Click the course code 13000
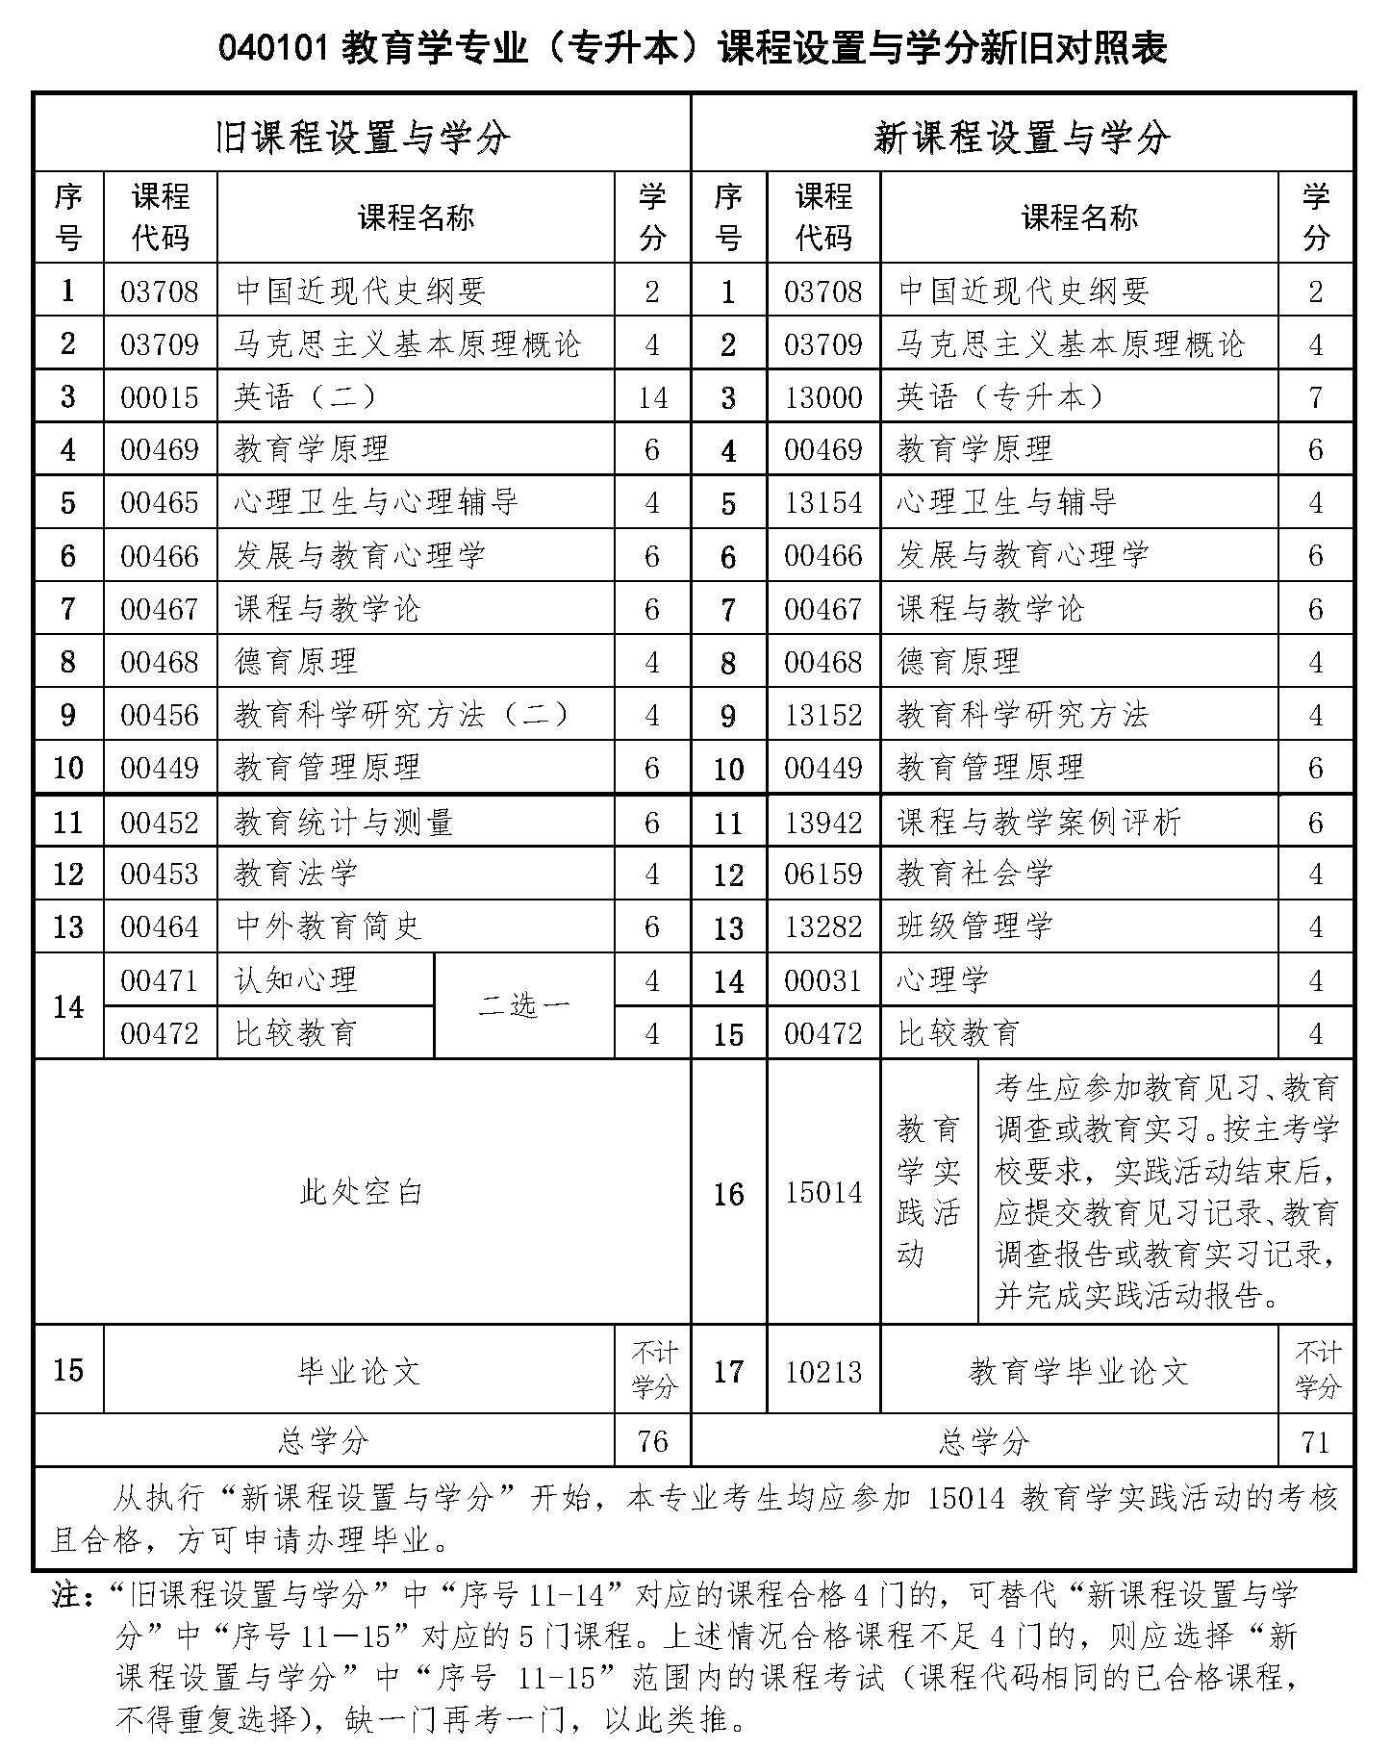pyautogui.click(x=822, y=397)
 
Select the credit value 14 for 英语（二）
pyautogui.click(x=651, y=397)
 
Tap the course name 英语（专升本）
pyautogui.click(x=1000, y=397)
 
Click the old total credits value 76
pyautogui.click(x=651, y=1440)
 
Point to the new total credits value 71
pyautogui.click(x=1315, y=1441)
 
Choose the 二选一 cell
pyautogui.click(x=523, y=1006)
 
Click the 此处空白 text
pyautogui.click(x=362, y=1192)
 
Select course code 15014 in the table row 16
pyautogui.click(x=823, y=1193)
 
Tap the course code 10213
pyautogui.click(x=823, y=1372)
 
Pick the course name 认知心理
pyautogui.click(x=296, y=980)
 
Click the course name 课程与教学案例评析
pyautogui.click(x=1039, y=822)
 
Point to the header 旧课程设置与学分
pyautogui.click(x=362, y=139)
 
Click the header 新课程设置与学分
pyautogui.click(x=1022, y=139)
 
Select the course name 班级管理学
pyautogui.click(x=974, y=927)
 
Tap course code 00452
pyautogui.click(x=160, y=822)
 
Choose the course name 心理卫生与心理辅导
pyautogui.click(x=376, y=502)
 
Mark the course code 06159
pyautogui.click(x=823, y=875)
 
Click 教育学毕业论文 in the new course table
pyautogui.click(x=1078, y=1372)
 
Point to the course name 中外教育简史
pyautogui.click(x=328, y=927)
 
